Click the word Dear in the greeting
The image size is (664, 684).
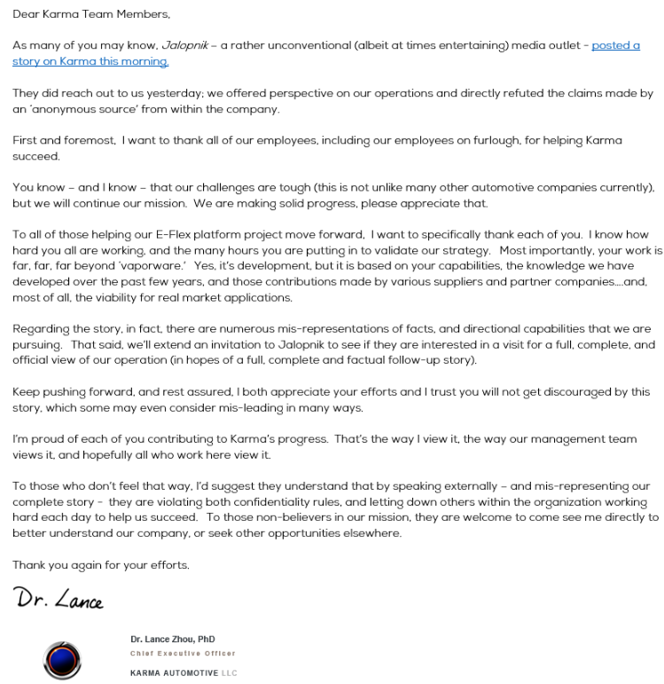pos(27,15)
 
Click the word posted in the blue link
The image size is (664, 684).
pos(610,45)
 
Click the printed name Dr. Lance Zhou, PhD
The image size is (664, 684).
pos(172,640)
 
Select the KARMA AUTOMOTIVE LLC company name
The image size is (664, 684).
pos(183,673)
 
